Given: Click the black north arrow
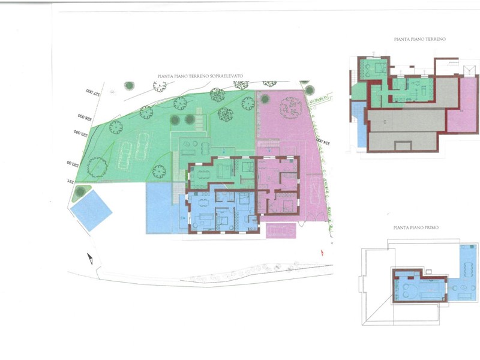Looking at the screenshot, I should tap(90, 259).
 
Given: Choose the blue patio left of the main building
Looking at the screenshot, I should tap(161, 207).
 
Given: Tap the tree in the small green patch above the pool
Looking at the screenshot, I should tap(80, 191).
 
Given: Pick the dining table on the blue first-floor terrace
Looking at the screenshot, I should tap(464, 290).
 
